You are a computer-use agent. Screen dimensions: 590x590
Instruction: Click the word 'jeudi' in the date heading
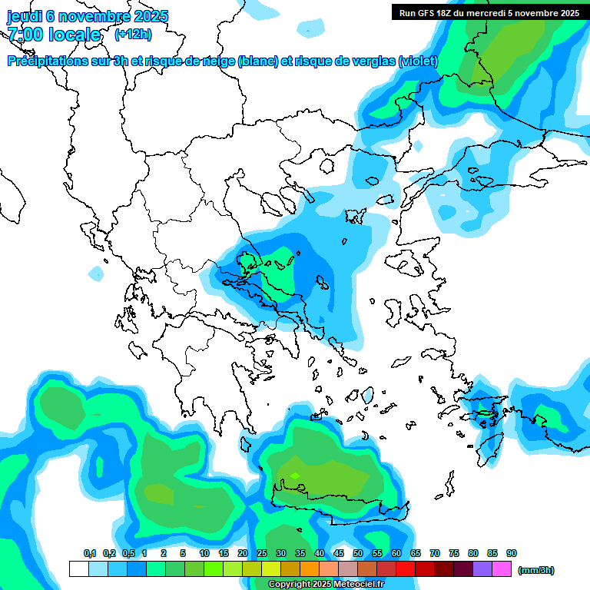click(x=25, y=16)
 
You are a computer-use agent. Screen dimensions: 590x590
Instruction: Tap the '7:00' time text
click(x=25, y=35)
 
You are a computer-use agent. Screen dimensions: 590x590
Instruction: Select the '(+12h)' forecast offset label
click(x=133, y=34)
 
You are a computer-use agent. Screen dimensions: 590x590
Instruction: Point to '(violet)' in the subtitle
click(x=418, y=61)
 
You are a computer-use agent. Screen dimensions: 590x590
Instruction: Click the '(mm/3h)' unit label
click(x=536, y=569)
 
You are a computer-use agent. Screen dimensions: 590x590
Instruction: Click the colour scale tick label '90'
click(x=512, y=553)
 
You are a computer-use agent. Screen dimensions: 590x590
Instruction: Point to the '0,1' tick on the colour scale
click(x=90, y=553)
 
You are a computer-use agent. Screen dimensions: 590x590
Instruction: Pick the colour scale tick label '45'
click(x=339, y=553)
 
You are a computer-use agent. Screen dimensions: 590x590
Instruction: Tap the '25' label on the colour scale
click(x=262, y=553)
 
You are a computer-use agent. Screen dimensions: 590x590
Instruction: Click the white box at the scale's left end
click(x=78, y=569)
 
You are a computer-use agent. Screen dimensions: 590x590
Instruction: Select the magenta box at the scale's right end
click(x=502, y=569)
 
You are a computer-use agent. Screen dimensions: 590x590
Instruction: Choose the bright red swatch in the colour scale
click(x=406, y=569)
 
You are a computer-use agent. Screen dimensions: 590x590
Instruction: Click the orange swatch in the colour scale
click(x=310, y=569)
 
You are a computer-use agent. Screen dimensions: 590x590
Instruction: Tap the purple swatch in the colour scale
click(x=482, y=569)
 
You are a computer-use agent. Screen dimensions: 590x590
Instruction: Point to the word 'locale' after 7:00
click(x=75, y=35)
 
